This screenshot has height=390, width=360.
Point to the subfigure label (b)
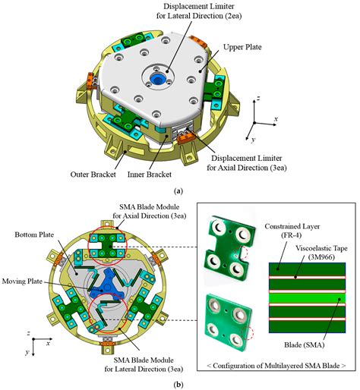[x=179, y=384]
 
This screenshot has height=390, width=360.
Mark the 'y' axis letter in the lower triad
[x=28, y=353]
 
